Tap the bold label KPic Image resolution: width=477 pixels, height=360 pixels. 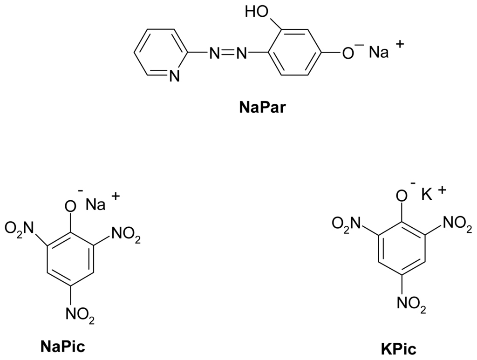[x=399, y=348]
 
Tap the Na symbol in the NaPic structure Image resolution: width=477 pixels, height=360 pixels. [x=95, y=204]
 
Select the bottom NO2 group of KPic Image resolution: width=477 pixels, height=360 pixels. [x=411, y=304]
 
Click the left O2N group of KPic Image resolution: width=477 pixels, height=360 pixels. [x=348, y=224]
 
